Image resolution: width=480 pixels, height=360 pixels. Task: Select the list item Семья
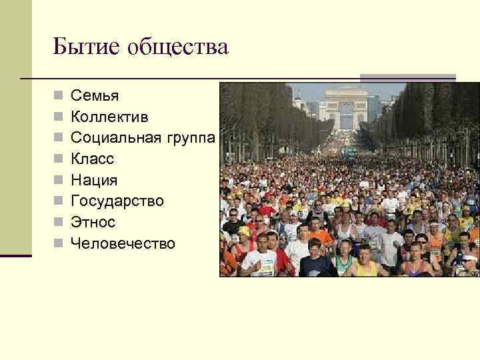pyautogui.click(x=95, y=96)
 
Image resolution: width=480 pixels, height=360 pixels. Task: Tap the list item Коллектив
pyautogui.click(x=109, y=117)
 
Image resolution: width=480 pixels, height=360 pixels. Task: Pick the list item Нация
pyautogui.click(x=94, y=180)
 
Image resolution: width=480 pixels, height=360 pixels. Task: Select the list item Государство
pyautogui.click(x=117, y=201)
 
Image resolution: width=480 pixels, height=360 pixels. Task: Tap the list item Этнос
pyautogui.click(x=93, y=222)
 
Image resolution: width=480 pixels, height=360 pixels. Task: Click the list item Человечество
pyautogui.click(x=123, y=243)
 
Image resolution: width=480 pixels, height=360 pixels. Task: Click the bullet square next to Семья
pyautogui.click(x=59, y=97)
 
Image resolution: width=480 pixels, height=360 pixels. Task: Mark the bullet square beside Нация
pyautogui.click(x=59, y=181)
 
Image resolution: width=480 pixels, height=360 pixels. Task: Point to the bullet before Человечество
pyautogui.click(x=59, y=244)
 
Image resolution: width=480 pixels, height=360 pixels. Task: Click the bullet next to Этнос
pyautogui.click(x=59, y=223)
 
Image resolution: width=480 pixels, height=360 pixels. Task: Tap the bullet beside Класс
pyautogui.click(x=59, y=160)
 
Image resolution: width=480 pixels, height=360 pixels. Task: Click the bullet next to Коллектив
pyautogui.click(x=59, y=118)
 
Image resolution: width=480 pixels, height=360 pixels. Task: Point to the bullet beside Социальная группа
pyautogui.click(x=59, y=139)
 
